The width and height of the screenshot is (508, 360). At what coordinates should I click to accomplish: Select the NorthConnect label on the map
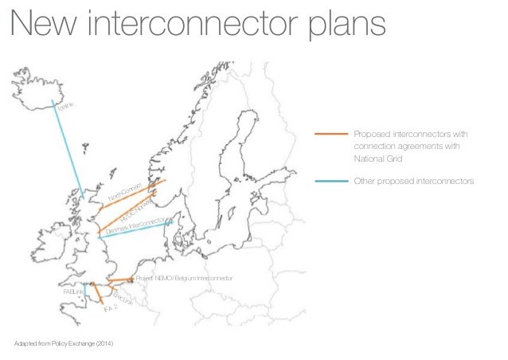click(124, 191)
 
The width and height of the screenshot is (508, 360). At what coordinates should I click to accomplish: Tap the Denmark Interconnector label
click(135, 226)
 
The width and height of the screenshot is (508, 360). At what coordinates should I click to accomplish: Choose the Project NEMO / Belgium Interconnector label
click(184, 279)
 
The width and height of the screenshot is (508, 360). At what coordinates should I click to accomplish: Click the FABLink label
click(73, 293)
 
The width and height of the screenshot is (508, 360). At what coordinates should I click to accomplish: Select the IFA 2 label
click(111, 317)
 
